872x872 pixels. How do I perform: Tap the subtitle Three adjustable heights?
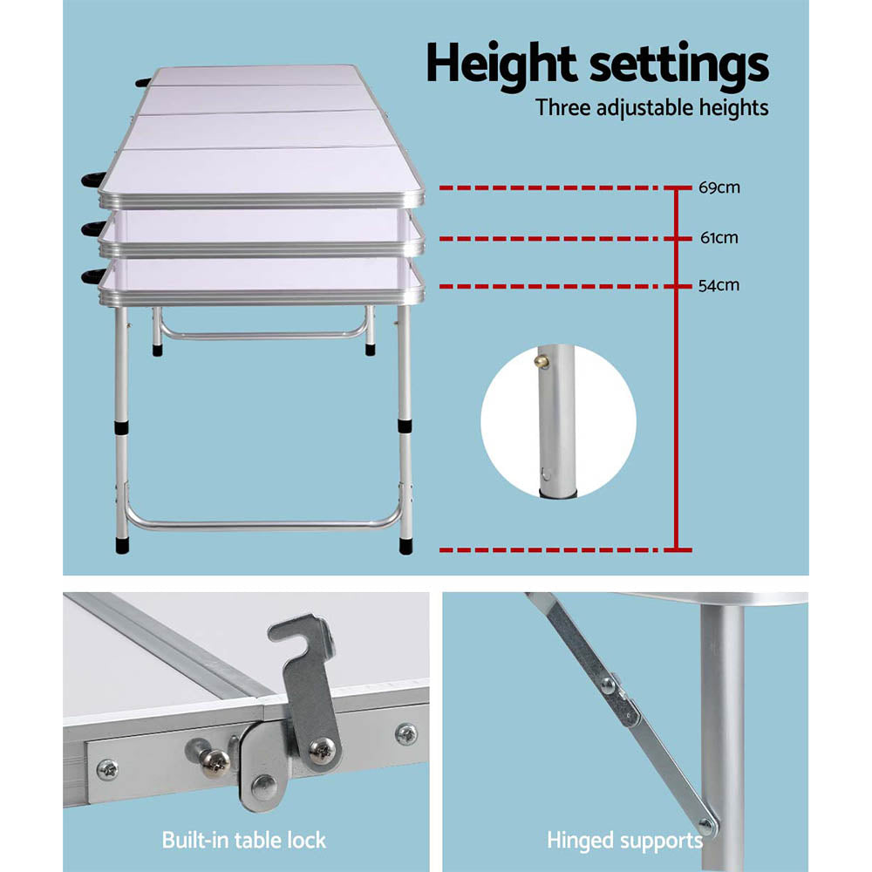click(651, 108)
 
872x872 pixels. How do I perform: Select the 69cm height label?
click(719, 187)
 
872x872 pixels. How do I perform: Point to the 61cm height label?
click(719, 237)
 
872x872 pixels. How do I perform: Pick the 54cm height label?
click(719, 286)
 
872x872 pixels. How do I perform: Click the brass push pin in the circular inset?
click(543, 359)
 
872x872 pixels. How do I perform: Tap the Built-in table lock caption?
click(243, 841)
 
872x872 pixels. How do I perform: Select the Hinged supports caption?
click(624, 841)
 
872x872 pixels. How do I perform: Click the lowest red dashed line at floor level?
click(558, 549)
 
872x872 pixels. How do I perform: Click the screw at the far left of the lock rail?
click(107, 768)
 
